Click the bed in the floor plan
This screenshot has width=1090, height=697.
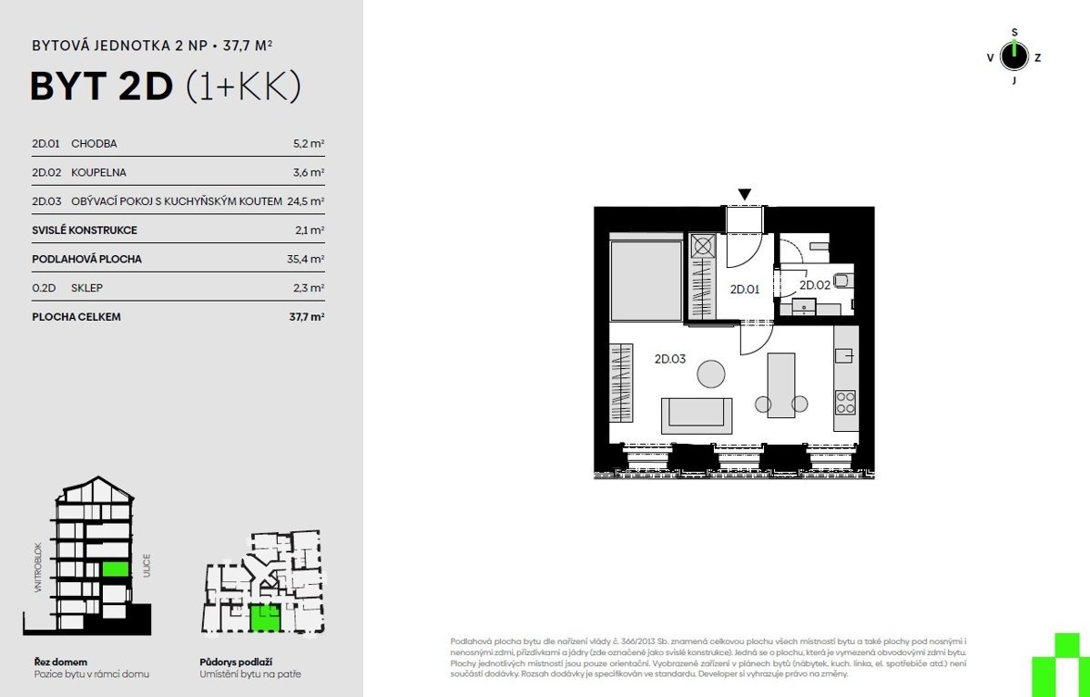646,277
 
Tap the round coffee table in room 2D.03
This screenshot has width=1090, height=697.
711,374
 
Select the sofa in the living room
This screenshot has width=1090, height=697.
697,415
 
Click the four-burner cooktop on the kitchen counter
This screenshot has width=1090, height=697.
845,403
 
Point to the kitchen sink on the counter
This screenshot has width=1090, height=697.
845,355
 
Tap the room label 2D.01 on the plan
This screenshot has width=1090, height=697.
745,290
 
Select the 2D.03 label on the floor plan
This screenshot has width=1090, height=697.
670,359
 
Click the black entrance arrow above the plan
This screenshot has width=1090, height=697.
745,195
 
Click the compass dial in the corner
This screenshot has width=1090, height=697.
1014,56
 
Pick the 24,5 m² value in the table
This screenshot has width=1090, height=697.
306,201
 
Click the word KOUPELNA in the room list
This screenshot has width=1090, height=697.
98,172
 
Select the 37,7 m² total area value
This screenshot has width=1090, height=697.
307,316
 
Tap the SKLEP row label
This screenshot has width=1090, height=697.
87,288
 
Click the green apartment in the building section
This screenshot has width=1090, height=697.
116,569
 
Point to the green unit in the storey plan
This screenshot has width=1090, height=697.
265,618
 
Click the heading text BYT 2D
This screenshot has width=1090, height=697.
101,87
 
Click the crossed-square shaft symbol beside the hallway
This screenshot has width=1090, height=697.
703,246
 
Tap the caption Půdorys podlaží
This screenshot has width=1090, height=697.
236,662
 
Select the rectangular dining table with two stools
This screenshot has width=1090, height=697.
781,385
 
